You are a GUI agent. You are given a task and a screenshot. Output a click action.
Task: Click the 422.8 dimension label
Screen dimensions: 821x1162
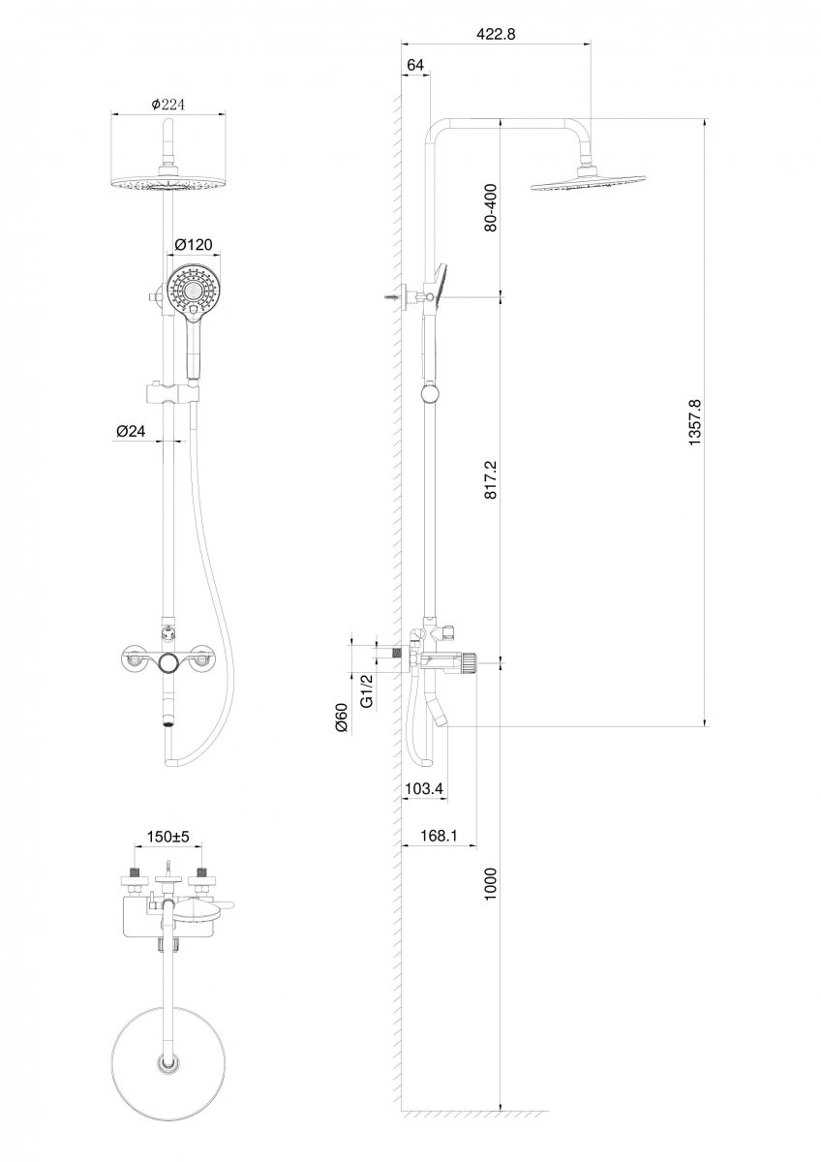coord(496,34)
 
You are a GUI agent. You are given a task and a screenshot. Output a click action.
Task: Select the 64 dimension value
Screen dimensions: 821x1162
coord(415,65)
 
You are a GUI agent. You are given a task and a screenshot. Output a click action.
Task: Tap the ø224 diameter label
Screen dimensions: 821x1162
coord(168,105)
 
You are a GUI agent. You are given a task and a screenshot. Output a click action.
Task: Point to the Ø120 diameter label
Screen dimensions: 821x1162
coord(194,244)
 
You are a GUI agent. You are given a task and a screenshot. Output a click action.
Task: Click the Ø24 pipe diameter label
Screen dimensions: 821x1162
coord(131,431)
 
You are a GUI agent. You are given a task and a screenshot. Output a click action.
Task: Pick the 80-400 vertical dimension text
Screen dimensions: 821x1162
coord(491,207)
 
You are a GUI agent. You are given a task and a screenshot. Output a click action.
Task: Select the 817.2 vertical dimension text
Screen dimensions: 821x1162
coord(491,480)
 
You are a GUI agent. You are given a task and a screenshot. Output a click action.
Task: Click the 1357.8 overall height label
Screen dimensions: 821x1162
coord(694,422)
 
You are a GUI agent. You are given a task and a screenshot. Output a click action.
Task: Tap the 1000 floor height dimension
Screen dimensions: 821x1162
coord(491,884)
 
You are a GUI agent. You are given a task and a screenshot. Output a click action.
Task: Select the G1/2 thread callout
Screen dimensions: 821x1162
coord(367,690)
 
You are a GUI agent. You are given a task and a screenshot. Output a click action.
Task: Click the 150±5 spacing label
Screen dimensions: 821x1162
coord(168,837)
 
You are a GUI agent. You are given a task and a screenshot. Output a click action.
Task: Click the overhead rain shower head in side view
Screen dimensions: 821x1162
coord(588,184)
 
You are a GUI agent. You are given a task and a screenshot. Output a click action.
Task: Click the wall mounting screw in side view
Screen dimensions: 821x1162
coord(394,297)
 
